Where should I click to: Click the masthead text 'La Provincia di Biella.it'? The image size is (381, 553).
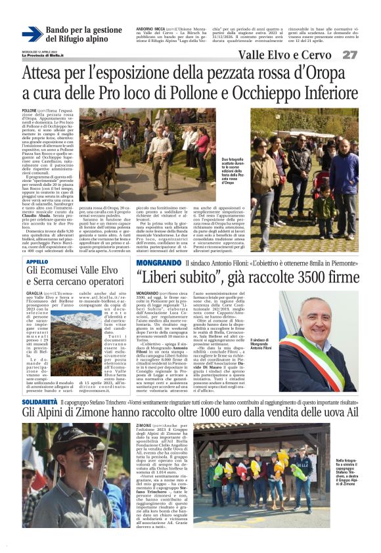(x=43, y=55)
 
